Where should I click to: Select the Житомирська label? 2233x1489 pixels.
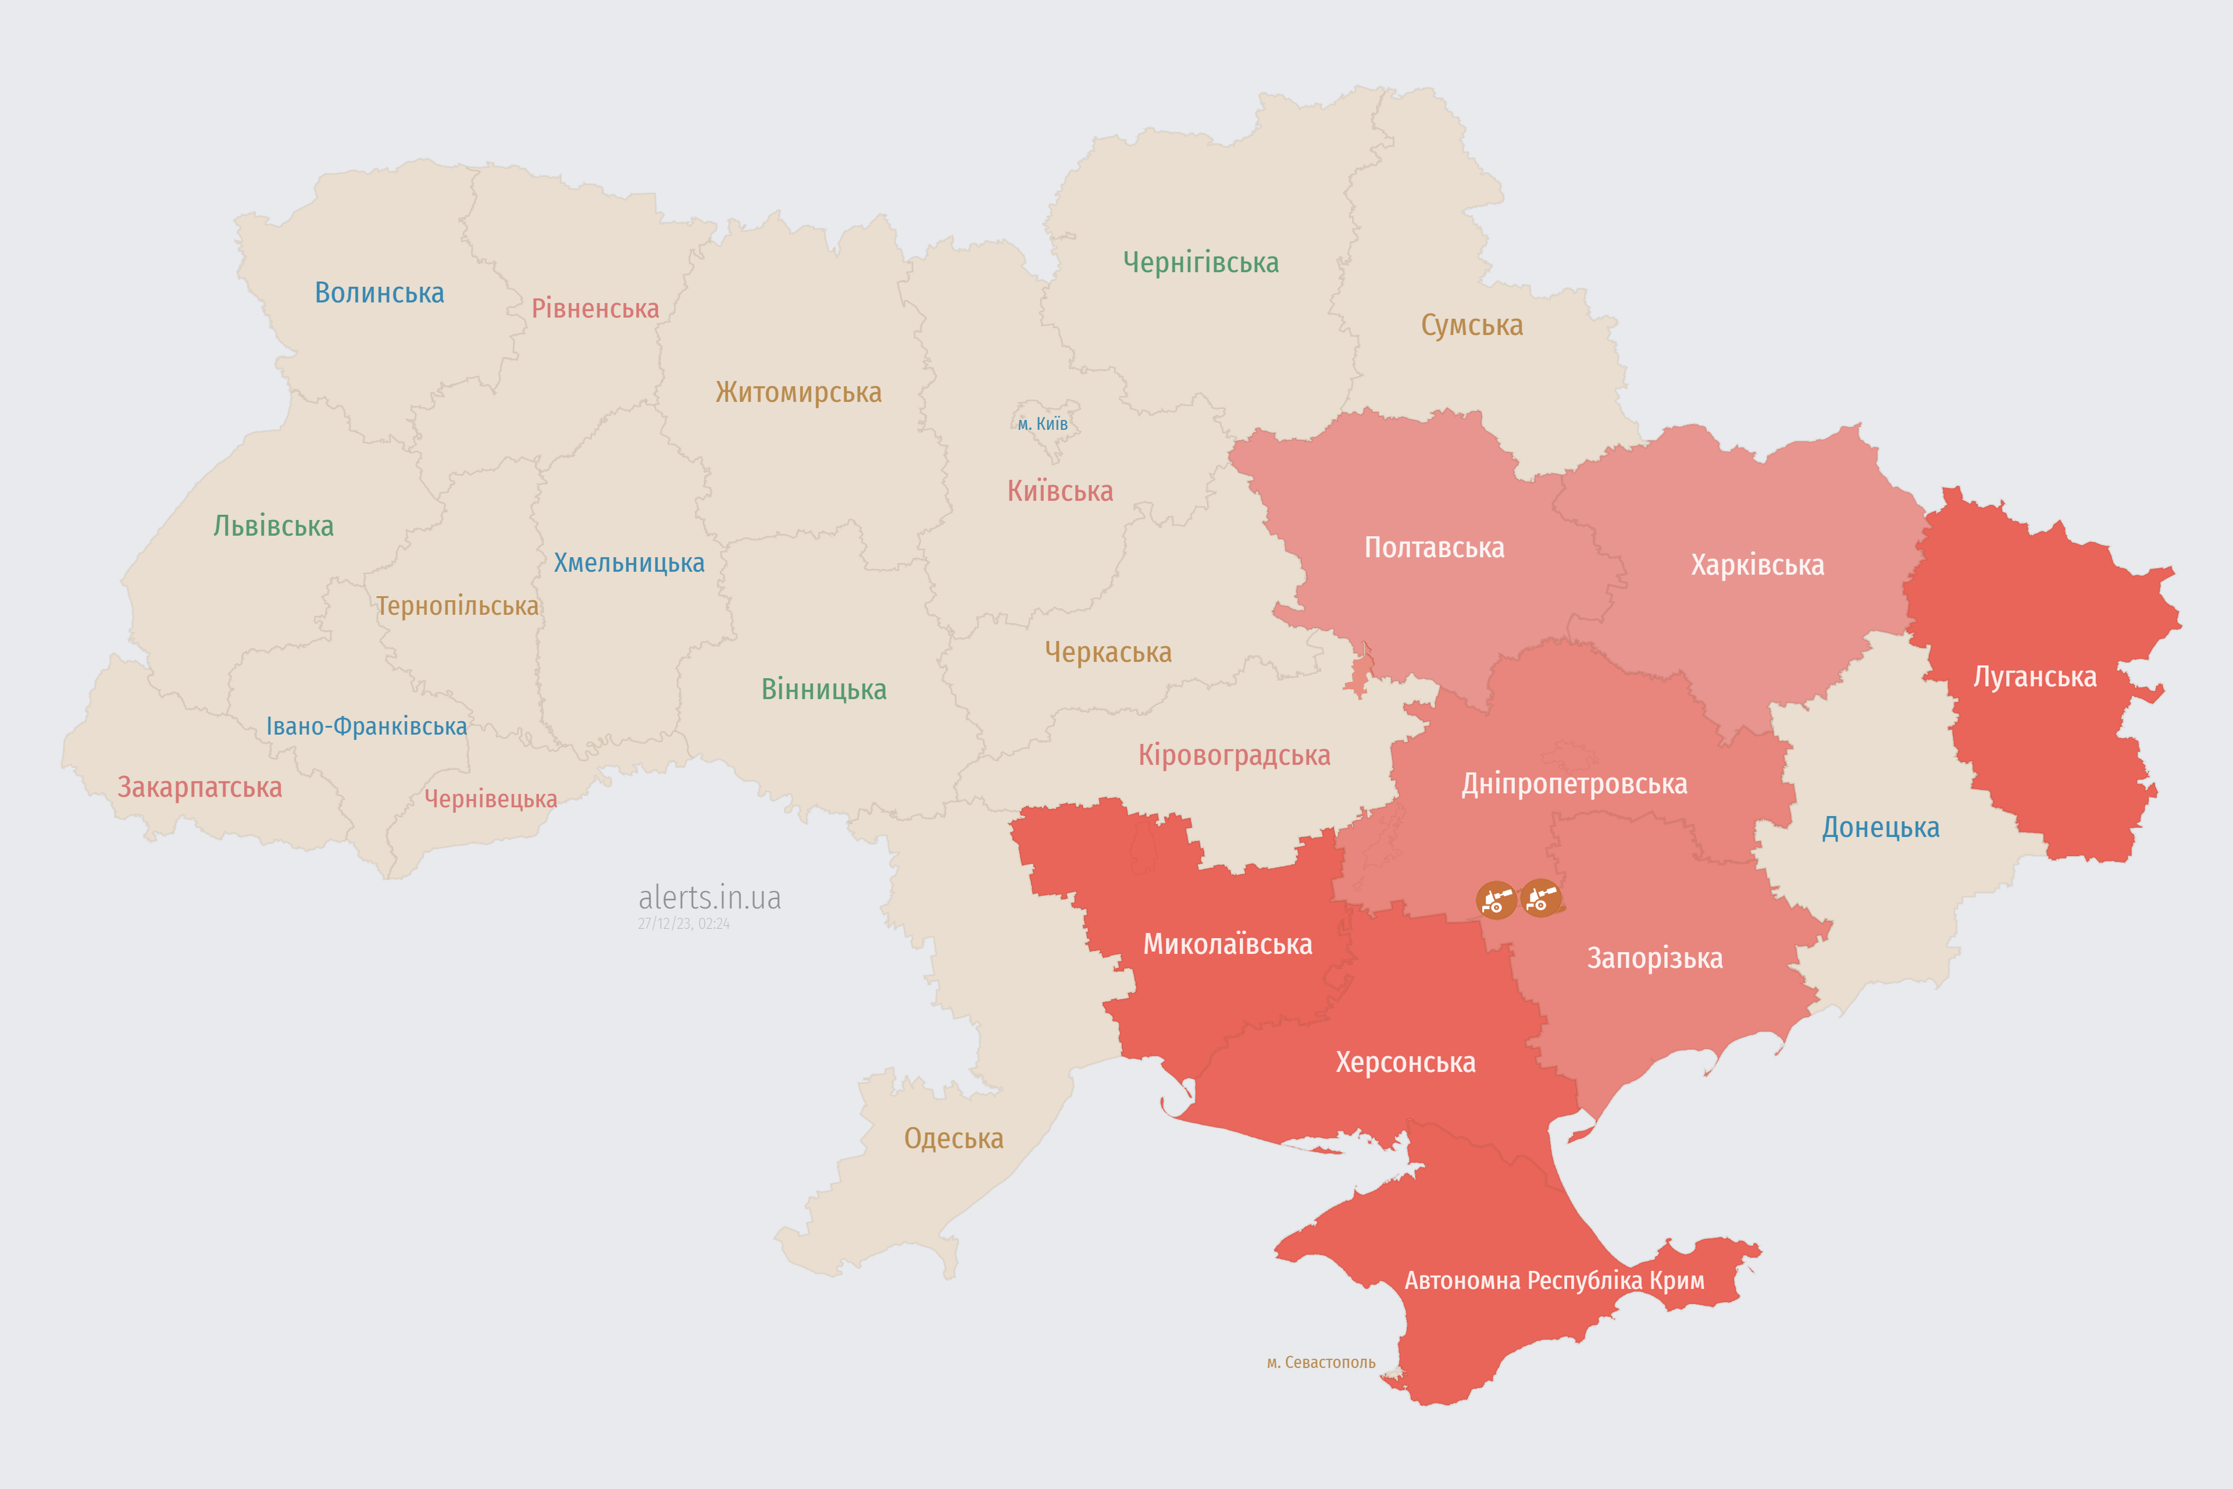[798, 392]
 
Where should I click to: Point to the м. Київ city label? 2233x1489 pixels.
[1043, 423]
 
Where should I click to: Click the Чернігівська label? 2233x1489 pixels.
[1200, 262]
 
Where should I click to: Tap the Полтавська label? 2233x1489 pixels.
[1433, 548]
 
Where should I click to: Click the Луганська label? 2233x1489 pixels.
[2035, 677]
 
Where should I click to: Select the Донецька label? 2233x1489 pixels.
[1880, 827]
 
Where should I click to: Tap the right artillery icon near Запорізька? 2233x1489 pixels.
[1540, 898]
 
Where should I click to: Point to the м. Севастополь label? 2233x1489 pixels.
[1321, 1363]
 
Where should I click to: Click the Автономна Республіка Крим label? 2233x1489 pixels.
[1554, 1281]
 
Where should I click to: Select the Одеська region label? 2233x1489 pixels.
[953, 1139]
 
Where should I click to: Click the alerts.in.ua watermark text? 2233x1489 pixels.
[709, 897]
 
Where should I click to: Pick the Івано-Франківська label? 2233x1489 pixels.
[366, 726]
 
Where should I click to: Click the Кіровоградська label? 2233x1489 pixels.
[1234, 756]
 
